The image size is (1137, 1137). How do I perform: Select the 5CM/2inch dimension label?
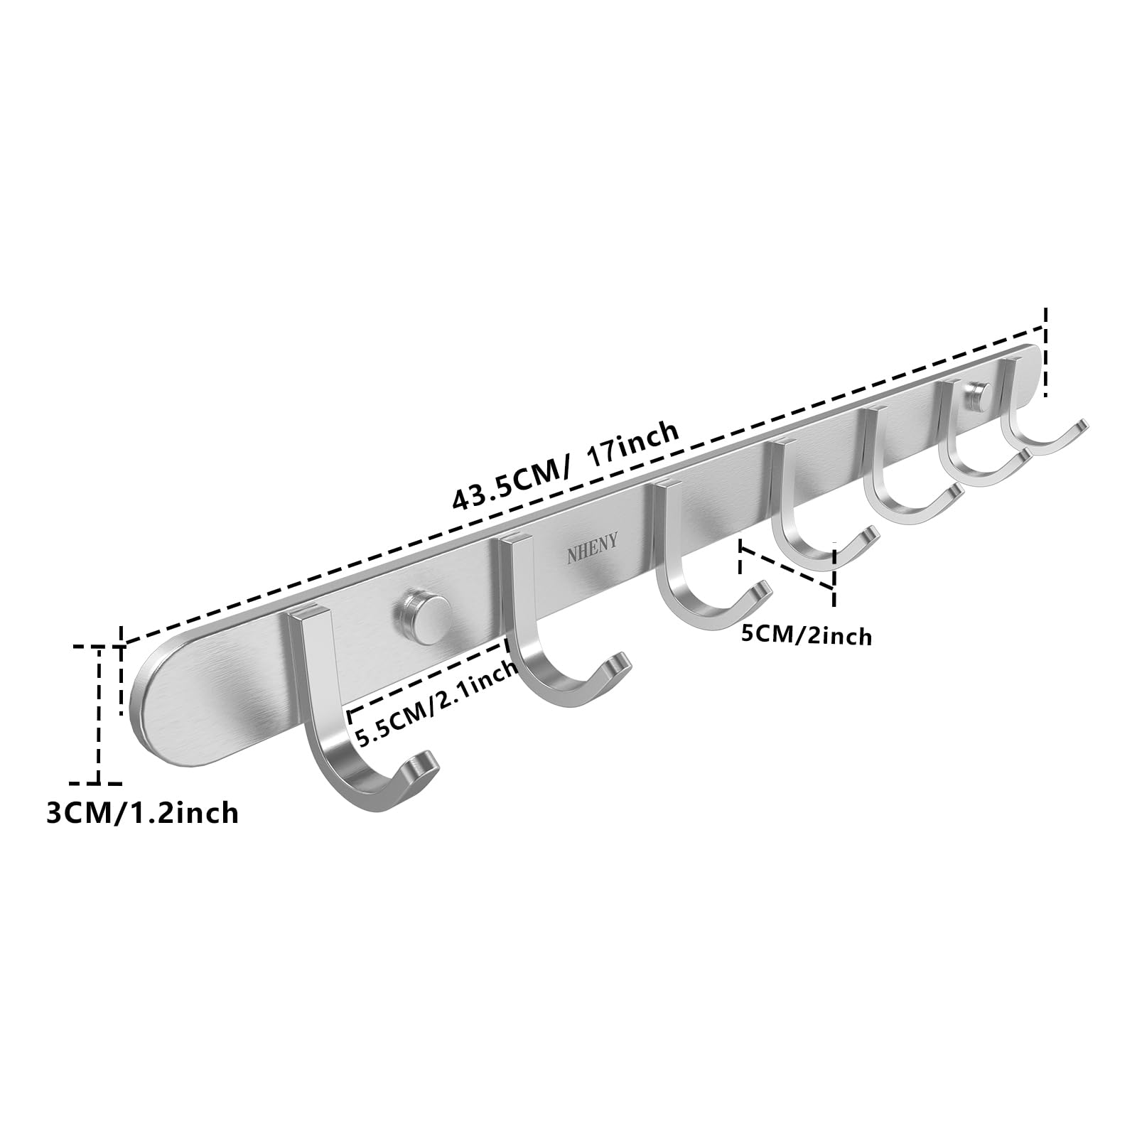pyautogui.click(x=806, y=634)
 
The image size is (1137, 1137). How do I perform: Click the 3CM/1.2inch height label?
pyautogui.click(x=142, y=812)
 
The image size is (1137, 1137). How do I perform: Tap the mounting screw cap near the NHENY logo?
pyautogui.click(x=423, y=613)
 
